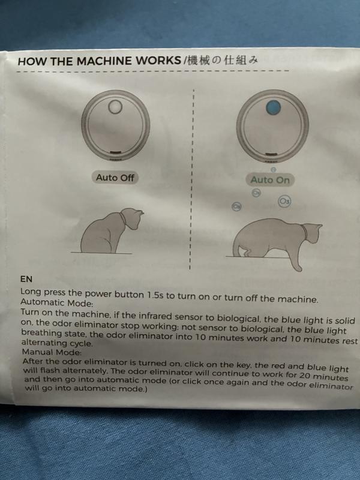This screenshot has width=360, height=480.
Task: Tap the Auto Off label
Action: (x=115, y=178)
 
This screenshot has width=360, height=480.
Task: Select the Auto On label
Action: (x=270, y=179)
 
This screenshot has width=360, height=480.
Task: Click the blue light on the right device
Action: (x=273, y=107)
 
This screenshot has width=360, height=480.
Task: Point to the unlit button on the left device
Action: (x=115, y=107)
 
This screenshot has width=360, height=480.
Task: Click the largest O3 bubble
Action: (x=284, y=202)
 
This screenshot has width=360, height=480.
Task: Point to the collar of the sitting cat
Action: (x=123, y=220)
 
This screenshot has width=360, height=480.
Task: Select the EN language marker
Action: (x=26, y=279)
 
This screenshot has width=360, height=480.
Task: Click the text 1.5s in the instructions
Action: (x=156, y=295)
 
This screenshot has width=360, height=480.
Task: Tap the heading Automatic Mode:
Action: (x=56, y=303)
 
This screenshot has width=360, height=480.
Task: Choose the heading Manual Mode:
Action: (x=52, y=352)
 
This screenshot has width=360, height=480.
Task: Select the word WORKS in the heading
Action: (x=158, y=61)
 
